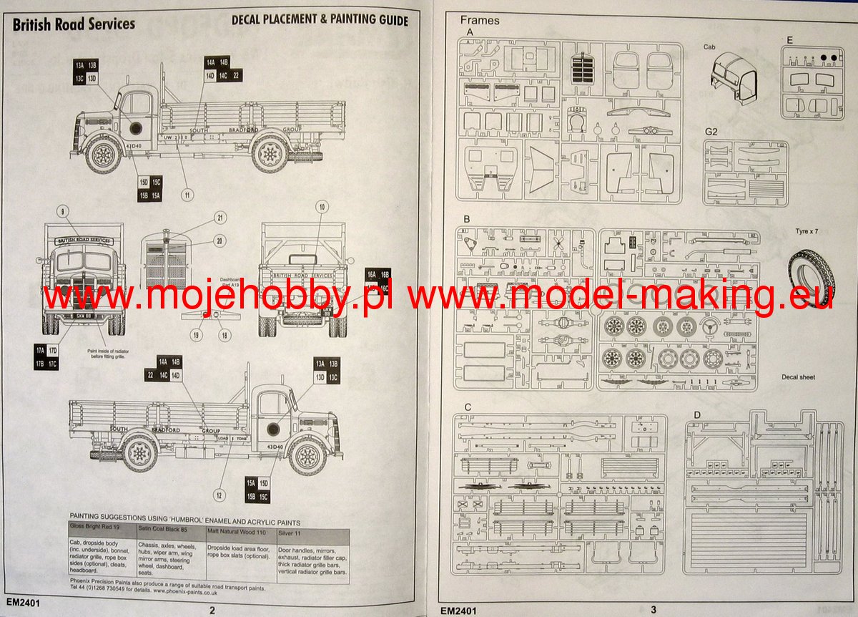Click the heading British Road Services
pyautogui.click(x=74, y=24)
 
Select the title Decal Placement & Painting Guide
pyautogui.click(x=320, y=21)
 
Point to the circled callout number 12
pyautogui.click(x=219, y=494)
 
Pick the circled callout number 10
pyautogui.click(x=322, y=208)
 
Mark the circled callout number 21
pyautogui.click(x=220, y=218)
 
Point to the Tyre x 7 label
pyautogui.click(x=810, y=232)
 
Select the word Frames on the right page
pyautogui.click(x=480, y=20)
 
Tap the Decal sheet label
pyautogui.click(x=797, y=377)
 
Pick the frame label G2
pyautogui.click(x=711, y=132)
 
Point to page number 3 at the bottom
pyautogui.click(x=653, y=610)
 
